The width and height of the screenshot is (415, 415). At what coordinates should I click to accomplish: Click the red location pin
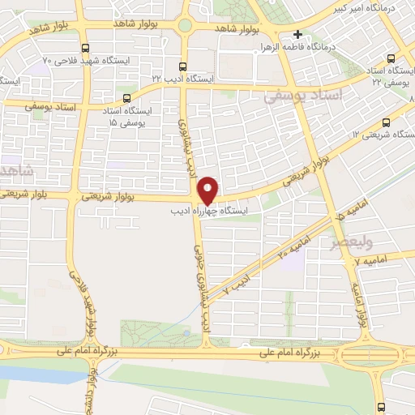point(207,190)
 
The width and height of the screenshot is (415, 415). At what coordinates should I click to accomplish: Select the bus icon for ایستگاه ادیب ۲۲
point(182,66)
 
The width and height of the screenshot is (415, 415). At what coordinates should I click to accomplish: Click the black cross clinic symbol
point(298,34)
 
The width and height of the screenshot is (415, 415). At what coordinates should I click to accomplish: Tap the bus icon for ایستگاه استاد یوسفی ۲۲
point(392,58)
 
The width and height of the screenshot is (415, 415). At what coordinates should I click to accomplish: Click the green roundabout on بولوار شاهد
point(184,25)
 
